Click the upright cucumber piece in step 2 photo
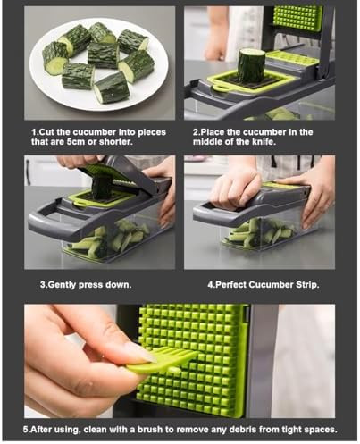click(x=251, y=65)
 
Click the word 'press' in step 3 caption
click(x=99, y=284)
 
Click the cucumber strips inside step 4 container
click(x=255, y=234)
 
